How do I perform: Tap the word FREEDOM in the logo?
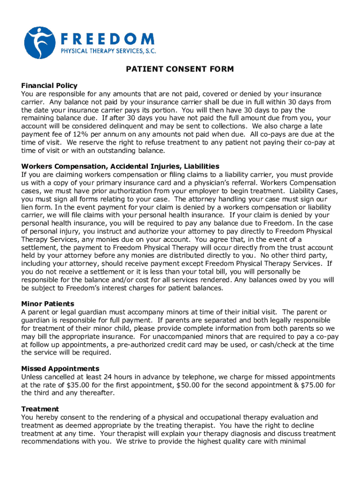click(107, 38)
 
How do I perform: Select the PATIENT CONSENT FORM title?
click(180, 70)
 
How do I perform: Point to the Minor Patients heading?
click(48, 304)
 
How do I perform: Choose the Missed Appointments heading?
click(60, 369)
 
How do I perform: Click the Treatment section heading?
click(40, 409)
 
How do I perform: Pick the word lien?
click(28, 207)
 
